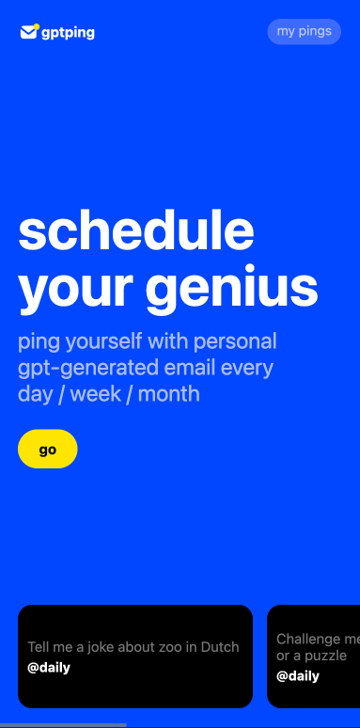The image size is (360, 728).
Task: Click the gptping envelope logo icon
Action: (x=29, y=32)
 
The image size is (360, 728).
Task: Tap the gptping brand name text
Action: (x=68, y=33)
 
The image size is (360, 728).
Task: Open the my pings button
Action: (x=304, y=31)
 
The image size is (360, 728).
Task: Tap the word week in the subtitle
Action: (x=97, y=393)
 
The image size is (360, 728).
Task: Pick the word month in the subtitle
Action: (x=170, y=393)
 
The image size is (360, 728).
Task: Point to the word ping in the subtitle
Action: (x=39, y=340)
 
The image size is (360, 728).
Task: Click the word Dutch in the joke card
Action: (x=221, y=647)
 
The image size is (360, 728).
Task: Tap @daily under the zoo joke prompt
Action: (x=49, y=668)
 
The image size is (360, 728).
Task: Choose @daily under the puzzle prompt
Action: (x=297, y=675)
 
